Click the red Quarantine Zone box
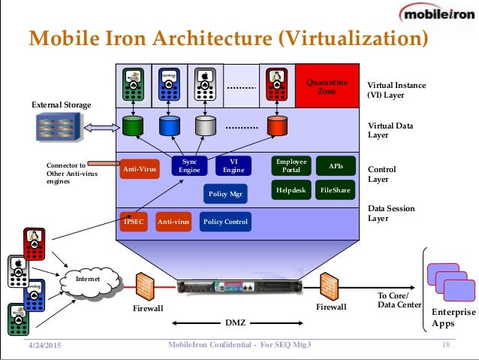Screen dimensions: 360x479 pos(327,86)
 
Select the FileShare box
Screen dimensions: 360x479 pos(334,190)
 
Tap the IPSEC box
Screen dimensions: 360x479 pos(133,222)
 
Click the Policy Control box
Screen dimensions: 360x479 pos(224,222)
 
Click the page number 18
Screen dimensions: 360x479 pos(446,345)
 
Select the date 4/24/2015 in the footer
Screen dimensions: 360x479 pos(44,345)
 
